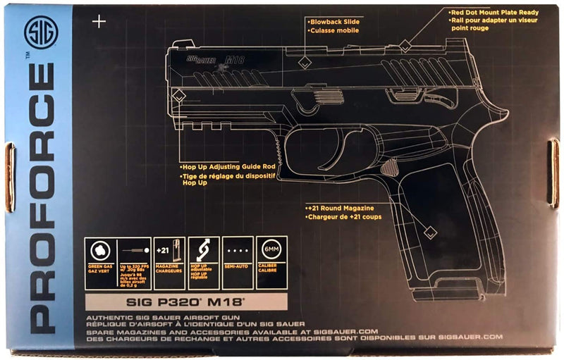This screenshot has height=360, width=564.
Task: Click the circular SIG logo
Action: [39, 33]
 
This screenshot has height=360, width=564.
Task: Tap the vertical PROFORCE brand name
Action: [41, 197]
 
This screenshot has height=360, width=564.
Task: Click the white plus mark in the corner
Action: [99, 22]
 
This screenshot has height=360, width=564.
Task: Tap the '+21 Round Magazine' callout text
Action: [343, 209]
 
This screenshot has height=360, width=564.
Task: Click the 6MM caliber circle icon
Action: [271, 251]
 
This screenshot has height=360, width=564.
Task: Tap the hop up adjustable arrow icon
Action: [204, 251]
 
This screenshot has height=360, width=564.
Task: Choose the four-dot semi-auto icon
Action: [238, 252]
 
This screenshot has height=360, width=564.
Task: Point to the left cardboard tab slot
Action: [9, 177]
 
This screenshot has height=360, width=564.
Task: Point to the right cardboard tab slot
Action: [554, 173]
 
